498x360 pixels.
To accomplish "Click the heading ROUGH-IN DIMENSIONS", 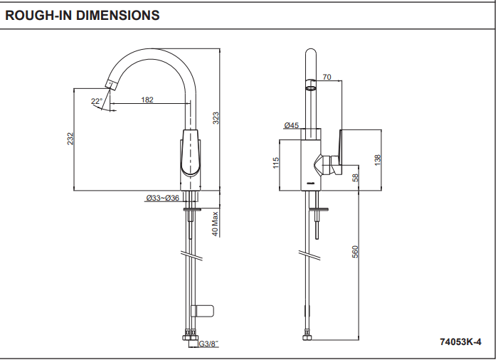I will tap(83, 15).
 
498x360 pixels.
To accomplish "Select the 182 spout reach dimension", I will tap(147, 100).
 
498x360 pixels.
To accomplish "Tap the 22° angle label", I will tap(96, 101).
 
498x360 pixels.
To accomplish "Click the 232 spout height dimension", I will tap(70, 139).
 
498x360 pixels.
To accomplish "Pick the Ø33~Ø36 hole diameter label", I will tap(162, 198).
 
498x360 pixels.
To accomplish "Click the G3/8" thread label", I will tap(208, 344).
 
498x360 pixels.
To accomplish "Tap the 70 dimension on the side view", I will tap(327, 77).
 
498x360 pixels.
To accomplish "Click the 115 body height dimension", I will tap(275, 164).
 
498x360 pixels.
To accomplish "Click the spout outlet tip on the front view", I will tap(111, 85).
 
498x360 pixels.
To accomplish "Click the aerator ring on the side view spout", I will tap(311, 88).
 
